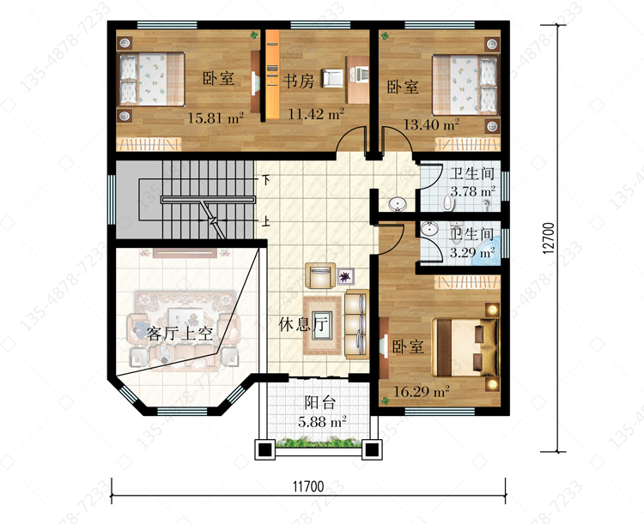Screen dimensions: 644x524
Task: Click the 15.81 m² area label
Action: click(x=216, y=118)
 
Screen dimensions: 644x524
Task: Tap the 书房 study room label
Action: click(x=298, y=81)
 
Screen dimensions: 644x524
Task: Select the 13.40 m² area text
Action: click(x=431, y=123)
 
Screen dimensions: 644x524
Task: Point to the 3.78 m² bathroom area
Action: click(x=473, y=191)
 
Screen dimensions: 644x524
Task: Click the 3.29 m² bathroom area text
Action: click(x=472, y=252)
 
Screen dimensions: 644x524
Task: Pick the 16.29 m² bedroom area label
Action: click(x=422, y=391)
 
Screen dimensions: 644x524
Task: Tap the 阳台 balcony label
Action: click(x=320, y=402)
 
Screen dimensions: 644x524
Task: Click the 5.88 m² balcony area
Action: click(x=322, y=421)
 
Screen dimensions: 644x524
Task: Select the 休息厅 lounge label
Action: click(x=303, y=324)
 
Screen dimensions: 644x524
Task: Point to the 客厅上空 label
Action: click(x=179, y=334)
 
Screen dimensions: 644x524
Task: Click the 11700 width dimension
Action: click(x=308, y=486)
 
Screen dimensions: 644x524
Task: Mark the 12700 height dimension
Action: click(x=549, y=238)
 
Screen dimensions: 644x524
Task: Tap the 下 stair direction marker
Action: click(x=266, y=179)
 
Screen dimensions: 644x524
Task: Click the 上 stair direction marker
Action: click(x=266, y=222)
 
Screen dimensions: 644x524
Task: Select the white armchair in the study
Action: click(x=332, y=78)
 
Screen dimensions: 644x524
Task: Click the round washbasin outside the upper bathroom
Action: click(x=397, y=203)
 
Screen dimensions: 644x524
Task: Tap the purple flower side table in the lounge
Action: click(x=345, y=276)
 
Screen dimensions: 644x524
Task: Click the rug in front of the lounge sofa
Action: click(x=323, y=325)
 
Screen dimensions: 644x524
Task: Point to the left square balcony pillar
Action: click(x=265, y=449)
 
